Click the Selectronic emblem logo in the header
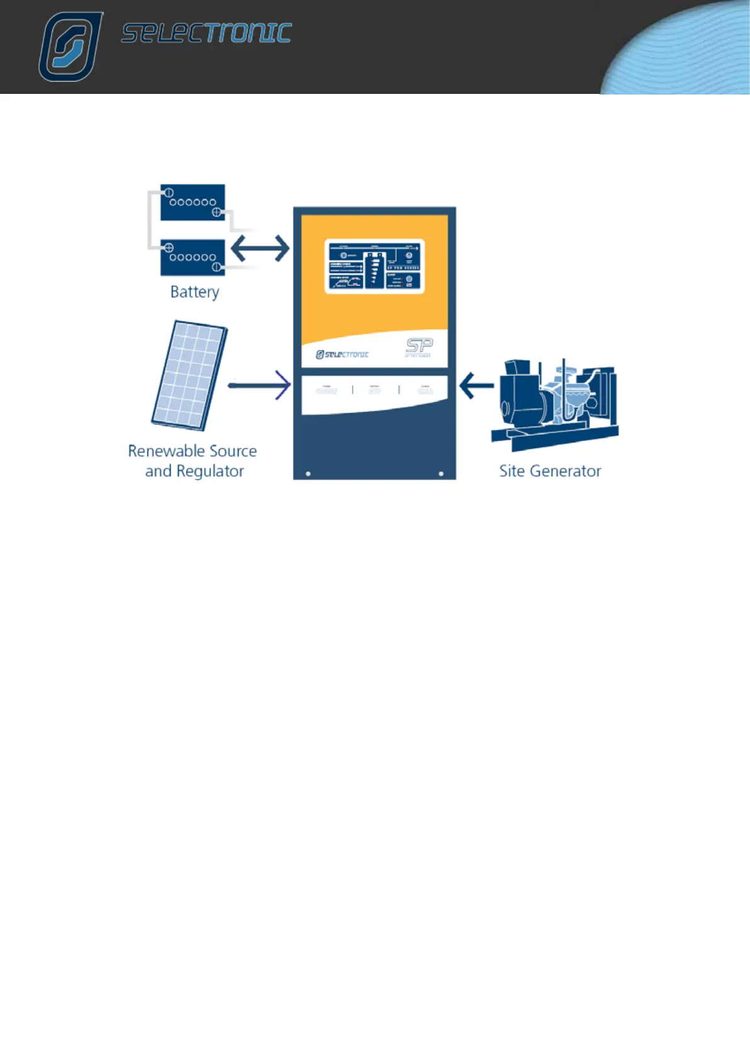click(x=70, y=47)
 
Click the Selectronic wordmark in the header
click(x=207, y=33)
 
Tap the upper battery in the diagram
click(x=193, y=202)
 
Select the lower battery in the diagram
click(x=193, y=257)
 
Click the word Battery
click(x=195, y=292)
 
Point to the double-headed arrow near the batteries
click(x=260, y=248)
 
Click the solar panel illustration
click(x=189, y=376)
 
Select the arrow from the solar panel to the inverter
click(x=259, y=384)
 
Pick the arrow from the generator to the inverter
click(x=476, y=385)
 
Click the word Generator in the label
click(x=565, y=471)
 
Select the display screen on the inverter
click(x=374, y=267)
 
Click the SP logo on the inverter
click(x=419, y=345)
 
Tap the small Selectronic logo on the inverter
click(x=342, y=355)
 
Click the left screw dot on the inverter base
click(x=308, y=473)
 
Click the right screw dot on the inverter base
click(x=441, y=473)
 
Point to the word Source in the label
click(x=233, y=451)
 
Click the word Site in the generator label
click(x=511, y=471)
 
